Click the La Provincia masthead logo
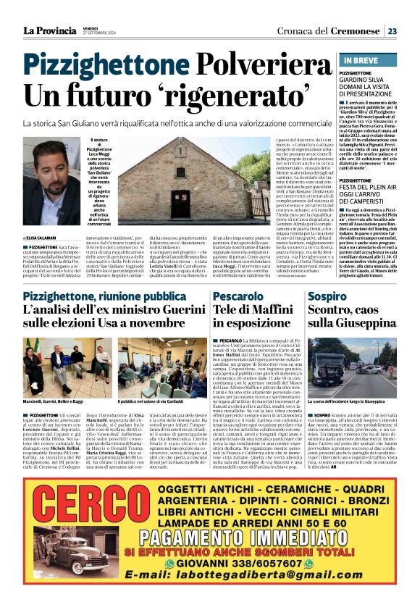point(49,30)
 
